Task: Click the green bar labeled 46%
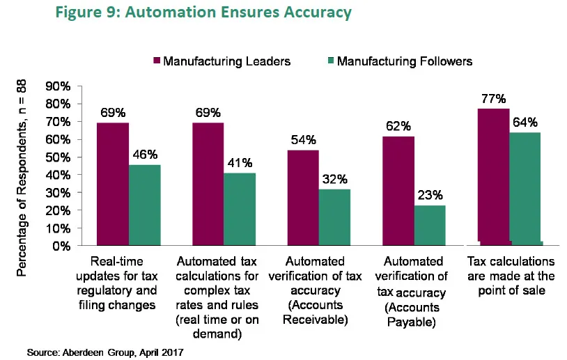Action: (145, 205)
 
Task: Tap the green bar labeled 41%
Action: (240, 209)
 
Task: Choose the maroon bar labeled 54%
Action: (303, 198)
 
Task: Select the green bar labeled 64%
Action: (525, 188)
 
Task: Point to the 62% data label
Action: (398, 127)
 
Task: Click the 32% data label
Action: (335, 180)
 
